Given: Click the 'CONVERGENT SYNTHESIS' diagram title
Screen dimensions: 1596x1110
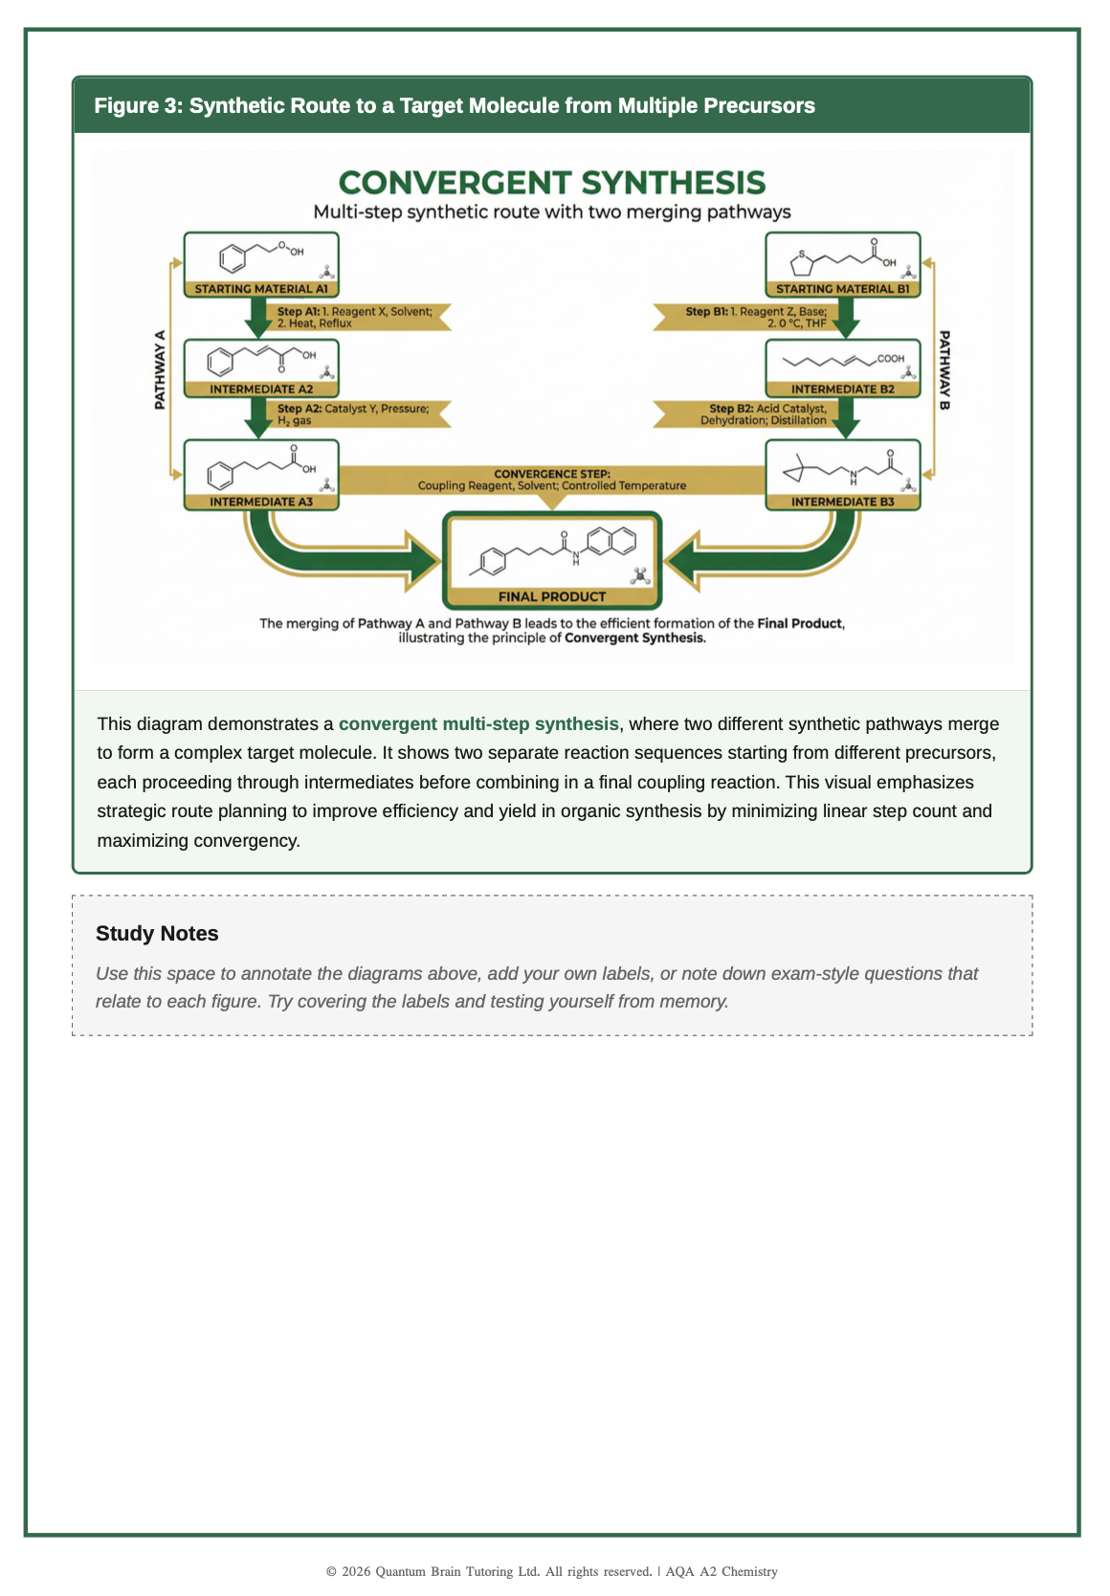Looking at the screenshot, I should (552, 183).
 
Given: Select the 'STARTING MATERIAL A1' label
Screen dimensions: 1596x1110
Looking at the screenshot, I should (261, 289).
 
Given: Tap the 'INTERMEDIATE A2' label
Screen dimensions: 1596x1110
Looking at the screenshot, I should (261, 389).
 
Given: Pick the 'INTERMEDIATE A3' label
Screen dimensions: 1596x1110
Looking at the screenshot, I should (261, 501).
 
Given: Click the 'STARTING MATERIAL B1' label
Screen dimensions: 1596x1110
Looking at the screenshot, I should (842, 289).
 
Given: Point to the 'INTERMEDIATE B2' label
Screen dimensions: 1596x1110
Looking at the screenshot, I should (842, 389).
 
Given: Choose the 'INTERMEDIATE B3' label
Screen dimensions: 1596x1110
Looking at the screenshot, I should (842, 501).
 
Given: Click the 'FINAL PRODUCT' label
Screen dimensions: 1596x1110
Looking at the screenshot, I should (552, 597).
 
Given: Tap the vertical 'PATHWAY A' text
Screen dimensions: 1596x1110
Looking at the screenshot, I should (160, 369).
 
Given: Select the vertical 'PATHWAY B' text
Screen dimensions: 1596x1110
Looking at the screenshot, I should (944, 369).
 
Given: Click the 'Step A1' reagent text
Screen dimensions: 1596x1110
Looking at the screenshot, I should (354, 317).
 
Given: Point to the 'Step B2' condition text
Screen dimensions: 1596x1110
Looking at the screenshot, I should (766, 414).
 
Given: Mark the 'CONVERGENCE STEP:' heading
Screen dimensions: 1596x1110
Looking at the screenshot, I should (552, 474).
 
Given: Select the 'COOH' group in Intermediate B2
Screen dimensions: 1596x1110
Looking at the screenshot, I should (890, 359).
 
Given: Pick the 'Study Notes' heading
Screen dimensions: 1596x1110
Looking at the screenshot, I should (157, 934).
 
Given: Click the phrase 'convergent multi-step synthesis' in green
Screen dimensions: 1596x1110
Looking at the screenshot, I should (478, 724).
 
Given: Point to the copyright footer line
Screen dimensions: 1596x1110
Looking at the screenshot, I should (552, 1571).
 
